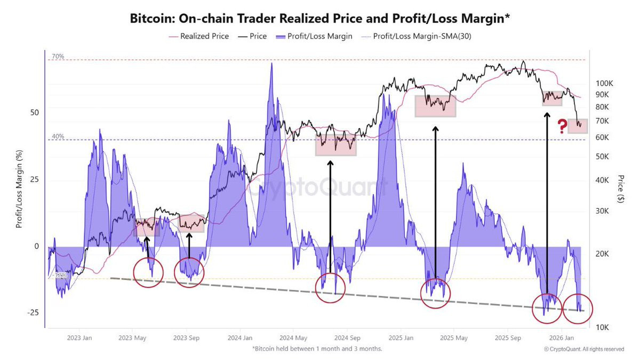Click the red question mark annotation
click(x=562, y=126)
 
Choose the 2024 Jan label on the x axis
click(x=241, y=338)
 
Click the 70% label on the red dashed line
click(x=58, y=56)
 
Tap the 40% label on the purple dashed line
click(x=58, y=137)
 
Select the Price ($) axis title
click(x=620, y=188)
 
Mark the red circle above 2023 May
click(x=148, y=272)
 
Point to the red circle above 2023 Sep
click(x=189, y=272)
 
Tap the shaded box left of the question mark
click(x=578, y=126)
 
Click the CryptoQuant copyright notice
click(x=584, y=349)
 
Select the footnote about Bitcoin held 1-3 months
click(x=317, y=349)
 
